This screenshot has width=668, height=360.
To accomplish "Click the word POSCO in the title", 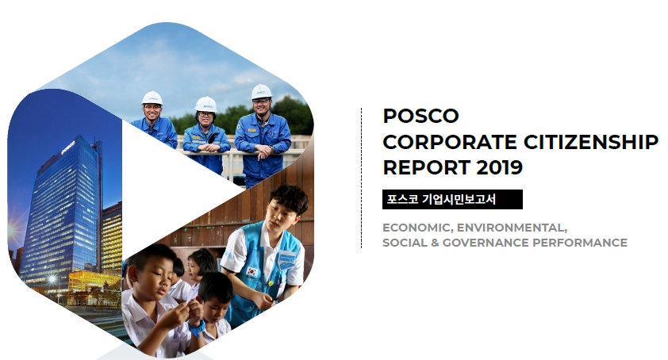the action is coord(420,116).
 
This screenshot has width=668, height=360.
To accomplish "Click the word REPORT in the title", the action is coord(427,167).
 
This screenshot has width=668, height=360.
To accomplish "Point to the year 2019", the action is coord(499,167).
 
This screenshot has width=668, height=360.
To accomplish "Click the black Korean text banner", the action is coord(452,199).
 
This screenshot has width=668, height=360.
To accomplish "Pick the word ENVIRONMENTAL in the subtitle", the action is coord(512,228).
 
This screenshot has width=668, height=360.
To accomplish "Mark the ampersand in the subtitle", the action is coord(433,243).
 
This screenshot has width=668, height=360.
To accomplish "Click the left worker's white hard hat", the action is coord(152,98).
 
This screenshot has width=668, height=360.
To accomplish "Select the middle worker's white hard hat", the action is coord(205,105).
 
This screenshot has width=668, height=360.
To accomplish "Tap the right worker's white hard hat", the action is coord(261,92).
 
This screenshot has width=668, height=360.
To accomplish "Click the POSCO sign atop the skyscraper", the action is coord(68,147).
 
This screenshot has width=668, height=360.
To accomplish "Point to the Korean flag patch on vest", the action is coord(252,271).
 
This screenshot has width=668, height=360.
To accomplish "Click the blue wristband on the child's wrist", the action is coord(198,328).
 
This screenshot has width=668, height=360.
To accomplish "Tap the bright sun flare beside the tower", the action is coord(12,231).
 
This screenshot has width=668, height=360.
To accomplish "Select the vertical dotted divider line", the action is coord(361,178).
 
